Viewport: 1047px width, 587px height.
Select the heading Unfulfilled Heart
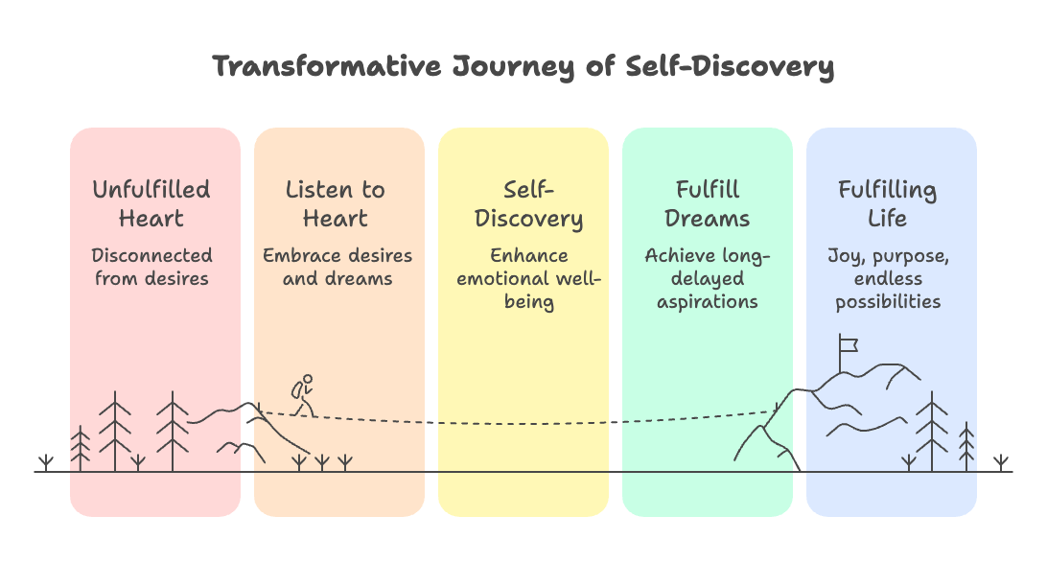(x=151, y=203)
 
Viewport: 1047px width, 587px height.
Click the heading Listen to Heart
(x=336, y=203)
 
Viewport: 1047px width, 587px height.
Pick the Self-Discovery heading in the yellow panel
(x=528, y=203)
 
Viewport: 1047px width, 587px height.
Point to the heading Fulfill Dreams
(x=708, y=203)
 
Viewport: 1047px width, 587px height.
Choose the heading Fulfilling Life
(x=887, y=203)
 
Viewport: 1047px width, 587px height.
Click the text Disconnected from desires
(x=151, y=268)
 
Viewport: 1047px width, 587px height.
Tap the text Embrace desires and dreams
(x=337, y=268)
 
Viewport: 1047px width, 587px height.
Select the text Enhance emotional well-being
(x=527, y=279)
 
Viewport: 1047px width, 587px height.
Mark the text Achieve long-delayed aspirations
(x=708, y=279)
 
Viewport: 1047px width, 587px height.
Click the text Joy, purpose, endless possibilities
(x=888, y=279)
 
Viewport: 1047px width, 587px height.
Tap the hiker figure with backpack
(x=304, y=393)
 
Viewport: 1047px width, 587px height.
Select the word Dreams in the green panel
(x=708, y=218)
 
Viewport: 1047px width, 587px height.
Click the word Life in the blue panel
(x=887, y=218)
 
